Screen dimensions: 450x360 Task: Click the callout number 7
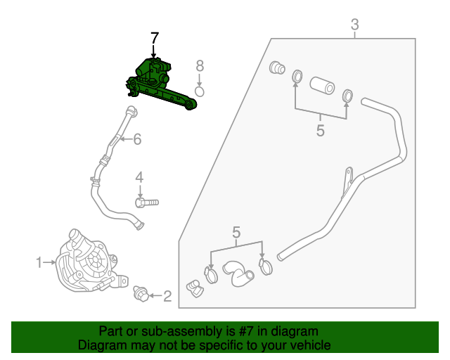(155, 38)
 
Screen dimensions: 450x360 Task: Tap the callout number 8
(200, 65)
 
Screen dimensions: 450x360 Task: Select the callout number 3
(354, 25)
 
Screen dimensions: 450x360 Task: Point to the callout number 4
(139, 178)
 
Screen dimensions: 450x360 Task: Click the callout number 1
(39, 262)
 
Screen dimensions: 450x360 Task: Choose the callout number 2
(167, 296)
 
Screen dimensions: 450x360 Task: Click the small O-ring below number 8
(200, 91)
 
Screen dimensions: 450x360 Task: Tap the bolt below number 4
(147, 202)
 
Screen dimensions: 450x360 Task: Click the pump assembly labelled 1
(91, 262)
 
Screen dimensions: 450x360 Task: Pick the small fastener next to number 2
(141, 294)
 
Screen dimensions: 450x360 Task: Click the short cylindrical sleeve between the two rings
(322, 85)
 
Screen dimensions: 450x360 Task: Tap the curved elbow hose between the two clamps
(238, 273)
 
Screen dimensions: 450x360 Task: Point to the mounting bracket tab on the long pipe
(347, 181)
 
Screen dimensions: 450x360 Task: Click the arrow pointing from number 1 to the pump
(49, 262)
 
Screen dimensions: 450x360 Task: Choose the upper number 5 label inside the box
(321, 131)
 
